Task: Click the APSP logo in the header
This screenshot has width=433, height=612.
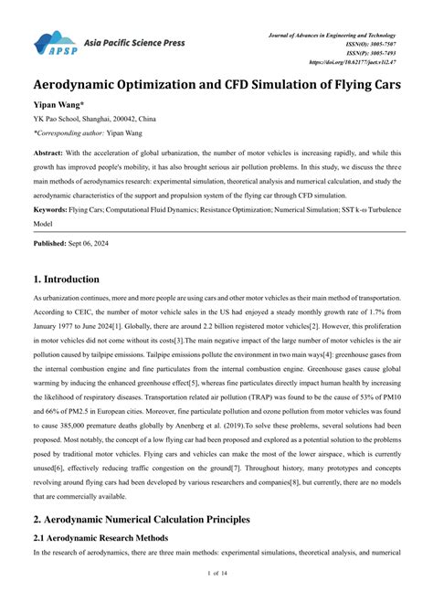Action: (x=56, y=43)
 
